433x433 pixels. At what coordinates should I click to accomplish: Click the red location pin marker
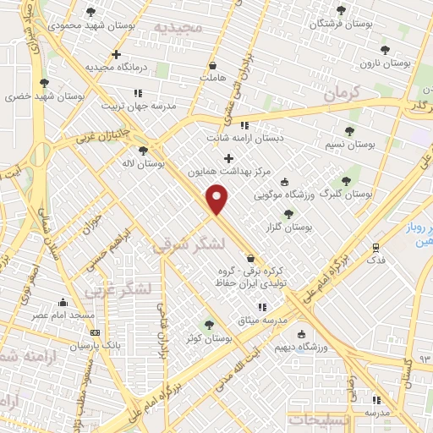pyautogui.click(x=218, y=198)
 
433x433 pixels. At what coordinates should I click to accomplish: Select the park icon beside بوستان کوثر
pyautogui.click(x=209, y=325)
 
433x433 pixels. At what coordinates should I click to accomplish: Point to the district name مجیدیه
pyautogui.click(x=178, y=27)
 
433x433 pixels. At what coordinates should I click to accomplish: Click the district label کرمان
pyautogui.click(x=342, y=91)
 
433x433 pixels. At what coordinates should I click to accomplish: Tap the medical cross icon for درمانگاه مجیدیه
pyautogui.click(x=116, y=54)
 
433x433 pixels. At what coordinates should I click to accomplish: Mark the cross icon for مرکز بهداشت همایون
pyautogui.click(x=228, y=157)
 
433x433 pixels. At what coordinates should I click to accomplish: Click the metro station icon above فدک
pyautogui.click(x=376, y=247)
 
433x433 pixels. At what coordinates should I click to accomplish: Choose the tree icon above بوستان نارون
pyautogui.click(x=386, y=50)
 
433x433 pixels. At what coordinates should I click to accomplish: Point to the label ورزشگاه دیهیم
pyautogui.click(x=299, y=347)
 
